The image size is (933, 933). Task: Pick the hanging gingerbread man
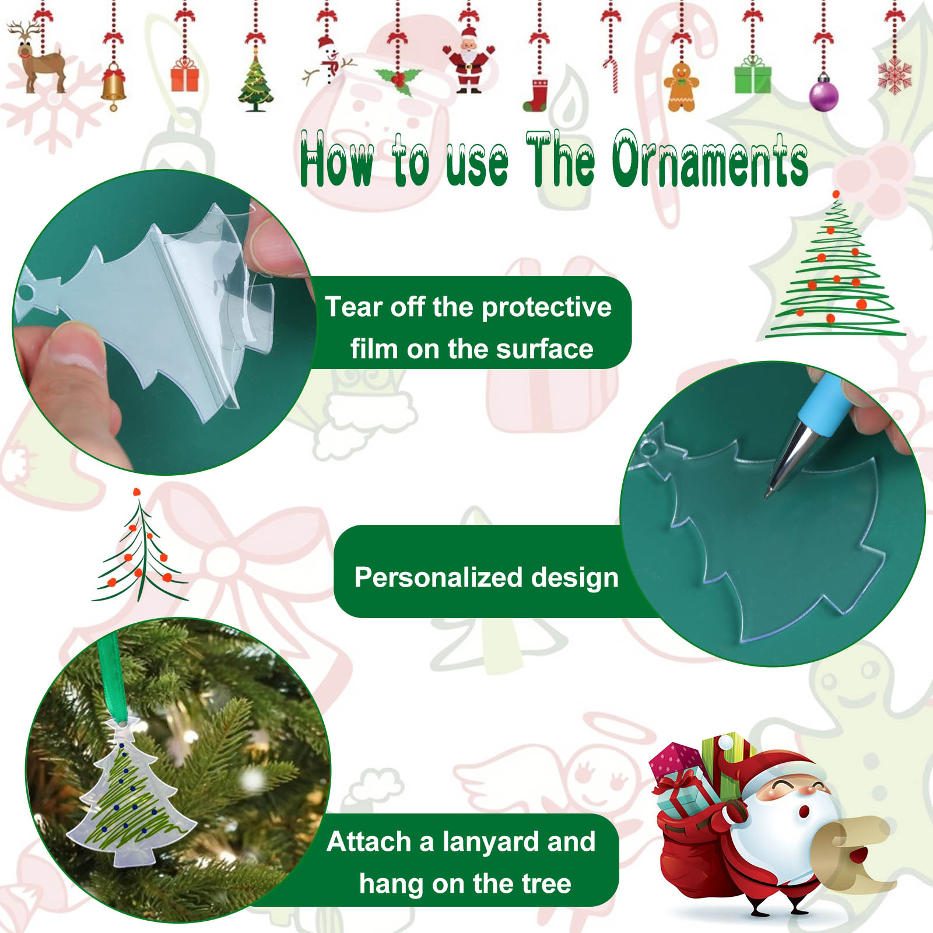pos(682,86)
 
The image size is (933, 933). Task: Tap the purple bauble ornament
pos(823,93)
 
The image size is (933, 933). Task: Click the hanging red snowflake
pos(895,76)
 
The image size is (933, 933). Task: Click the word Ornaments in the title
pos(710,159)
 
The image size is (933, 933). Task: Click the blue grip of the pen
pos(818,404)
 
